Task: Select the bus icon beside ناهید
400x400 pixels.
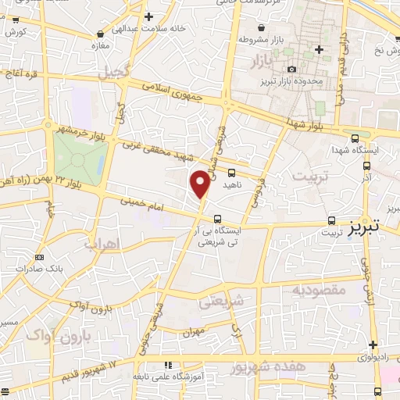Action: pos(232,173)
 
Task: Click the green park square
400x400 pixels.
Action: pos(80,159)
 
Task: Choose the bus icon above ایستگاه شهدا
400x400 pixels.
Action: pos(355,136)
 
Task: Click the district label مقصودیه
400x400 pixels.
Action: pos(319,290)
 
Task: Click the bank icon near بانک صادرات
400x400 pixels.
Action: pos(41,258)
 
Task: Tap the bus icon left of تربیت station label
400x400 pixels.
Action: pos(332,220)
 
